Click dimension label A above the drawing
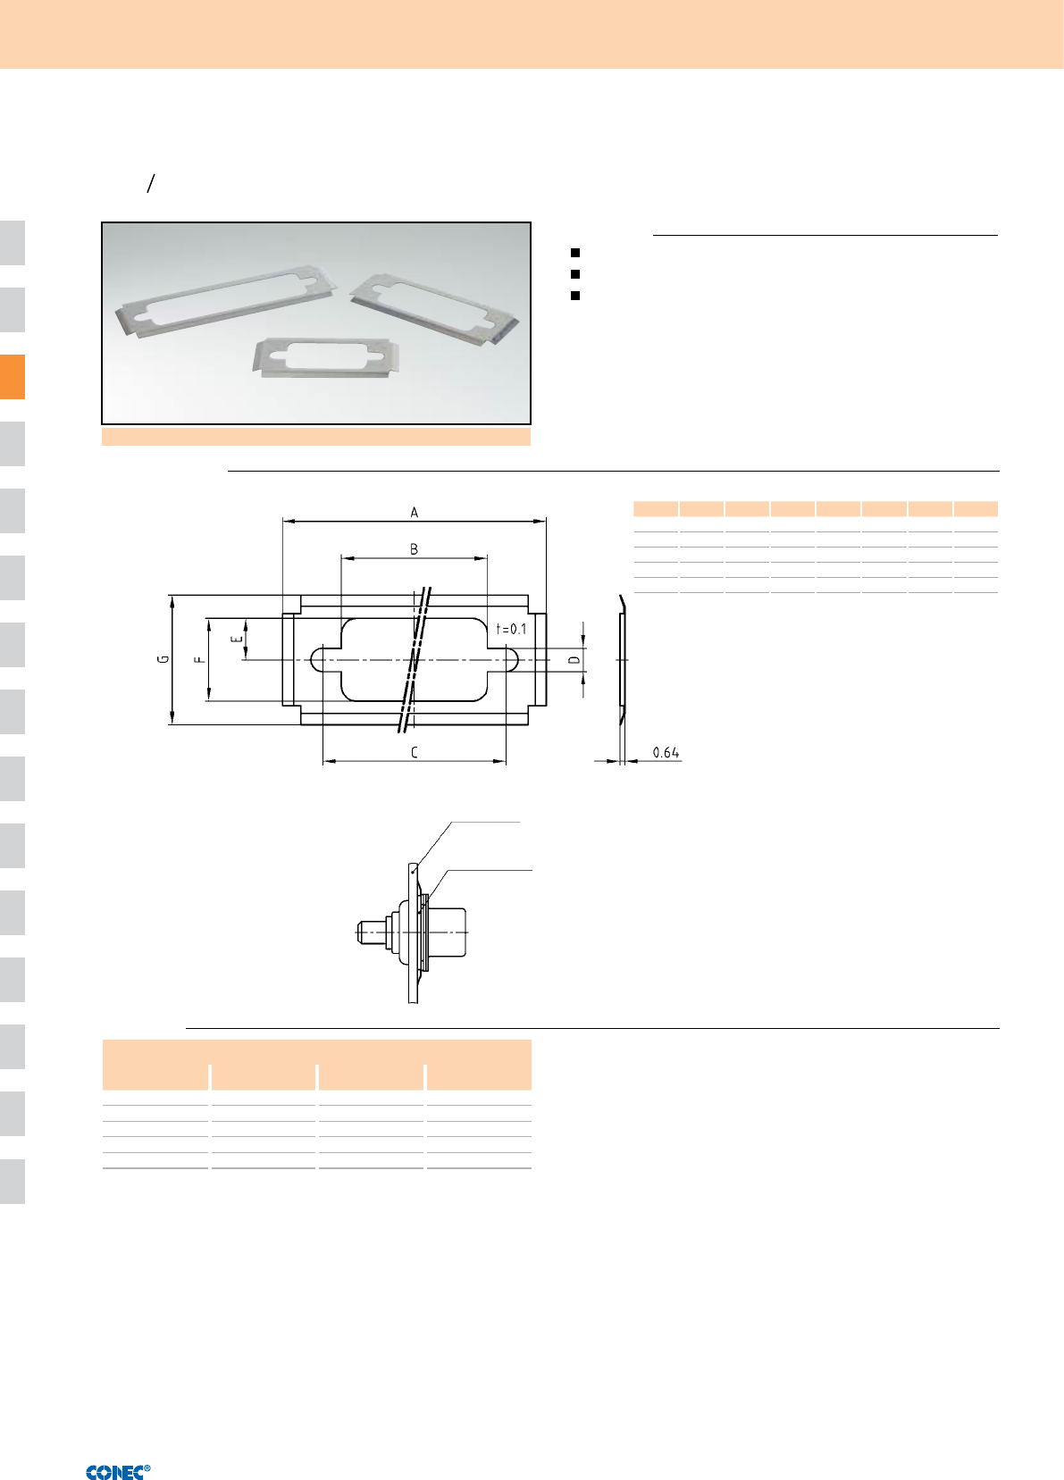pos(415,512)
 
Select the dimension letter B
pos(415,549)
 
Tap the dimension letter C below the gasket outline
pos(415,752)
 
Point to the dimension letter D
pos(574,659)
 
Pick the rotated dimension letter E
pos(236,639)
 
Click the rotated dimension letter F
pos(199,659)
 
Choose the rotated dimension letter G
pos(163,659)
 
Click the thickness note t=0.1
pos(512,629)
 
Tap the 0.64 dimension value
pos(666,753)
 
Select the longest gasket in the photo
pos(225,301)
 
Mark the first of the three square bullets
pos(575,253)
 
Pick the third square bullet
pos(575,296)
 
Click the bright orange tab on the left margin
pos(13,377)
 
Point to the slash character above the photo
pos(151,183)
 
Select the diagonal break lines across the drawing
pos(415,659)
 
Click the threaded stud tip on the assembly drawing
pos(362,932)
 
